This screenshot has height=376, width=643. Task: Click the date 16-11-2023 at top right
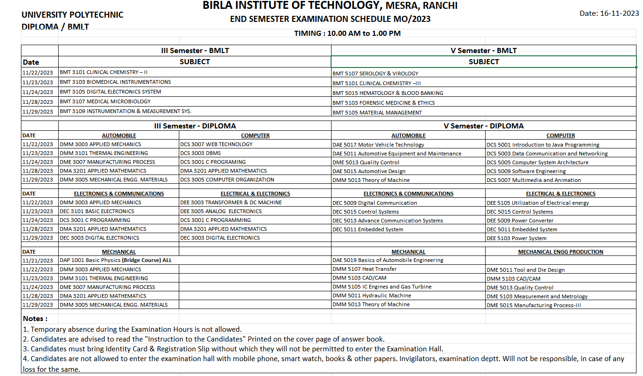tap(609, 13)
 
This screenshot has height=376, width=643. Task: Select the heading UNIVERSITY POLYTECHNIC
tap(72, 15)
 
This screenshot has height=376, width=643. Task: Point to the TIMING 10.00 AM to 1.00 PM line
tap(347, 34)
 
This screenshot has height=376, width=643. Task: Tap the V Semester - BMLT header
tap(483, 51)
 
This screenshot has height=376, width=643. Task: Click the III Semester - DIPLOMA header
tap(195, 126)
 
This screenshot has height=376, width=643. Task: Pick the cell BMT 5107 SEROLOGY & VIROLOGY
tap(375, 74)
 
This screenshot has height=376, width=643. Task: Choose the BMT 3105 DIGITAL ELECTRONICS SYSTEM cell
tap(110, 92)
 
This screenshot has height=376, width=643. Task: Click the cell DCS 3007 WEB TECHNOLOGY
tap(217, 144)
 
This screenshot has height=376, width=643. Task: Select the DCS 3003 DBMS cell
tap(201, 153)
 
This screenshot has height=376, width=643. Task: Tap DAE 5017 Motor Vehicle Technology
tap(378, 145)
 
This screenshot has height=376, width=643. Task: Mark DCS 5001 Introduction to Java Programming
tap(543, 145)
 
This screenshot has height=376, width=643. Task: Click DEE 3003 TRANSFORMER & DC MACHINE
tap(231, 202)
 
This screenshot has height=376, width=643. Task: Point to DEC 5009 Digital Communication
tap(374, 203)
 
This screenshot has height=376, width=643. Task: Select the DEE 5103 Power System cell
tap(516, 238)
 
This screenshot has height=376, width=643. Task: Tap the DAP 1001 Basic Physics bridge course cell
tap(115, 260)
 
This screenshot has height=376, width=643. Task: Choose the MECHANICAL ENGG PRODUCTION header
tap(561, 252)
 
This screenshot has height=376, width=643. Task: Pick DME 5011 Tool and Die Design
tap(525, 270)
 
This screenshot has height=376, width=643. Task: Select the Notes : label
tap(35, 319)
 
